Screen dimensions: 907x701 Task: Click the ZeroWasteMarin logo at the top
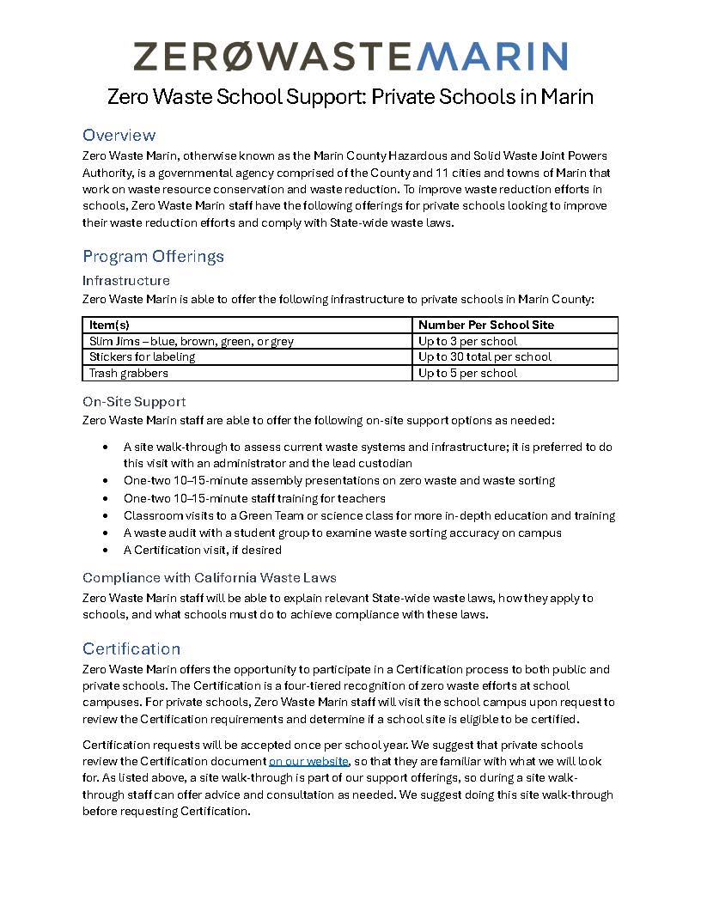click(350, 57)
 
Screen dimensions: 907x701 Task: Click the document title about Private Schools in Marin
click(350, 96)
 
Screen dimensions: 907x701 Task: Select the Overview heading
click(119, 135)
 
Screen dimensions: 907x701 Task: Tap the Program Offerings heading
click(153, 256)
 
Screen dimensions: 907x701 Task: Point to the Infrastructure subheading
click(126, 280)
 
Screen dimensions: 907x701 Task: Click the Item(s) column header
click(109, 325)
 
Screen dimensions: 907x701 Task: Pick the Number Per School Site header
click(486, 325)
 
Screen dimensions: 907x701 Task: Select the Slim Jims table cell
click(192, 341)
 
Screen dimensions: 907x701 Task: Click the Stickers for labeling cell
click(143, 356)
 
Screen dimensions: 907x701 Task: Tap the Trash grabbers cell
click(129, 373)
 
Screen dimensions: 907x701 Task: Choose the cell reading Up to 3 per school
click(467, 341)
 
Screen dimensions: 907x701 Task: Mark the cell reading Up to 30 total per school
click(485, 356)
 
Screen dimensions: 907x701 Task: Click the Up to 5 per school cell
click(467, 373)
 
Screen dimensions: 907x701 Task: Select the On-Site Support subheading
click(134, 401)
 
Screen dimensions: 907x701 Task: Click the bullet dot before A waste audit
click(106, 533)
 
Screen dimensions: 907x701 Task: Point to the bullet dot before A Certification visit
click(106, 550)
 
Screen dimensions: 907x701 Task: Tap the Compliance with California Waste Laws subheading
click(210, 577)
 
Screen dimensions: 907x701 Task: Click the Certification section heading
click(131, 648)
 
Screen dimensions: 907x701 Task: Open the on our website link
click(308, 761)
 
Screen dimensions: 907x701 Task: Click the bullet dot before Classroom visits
click(106, 515)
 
